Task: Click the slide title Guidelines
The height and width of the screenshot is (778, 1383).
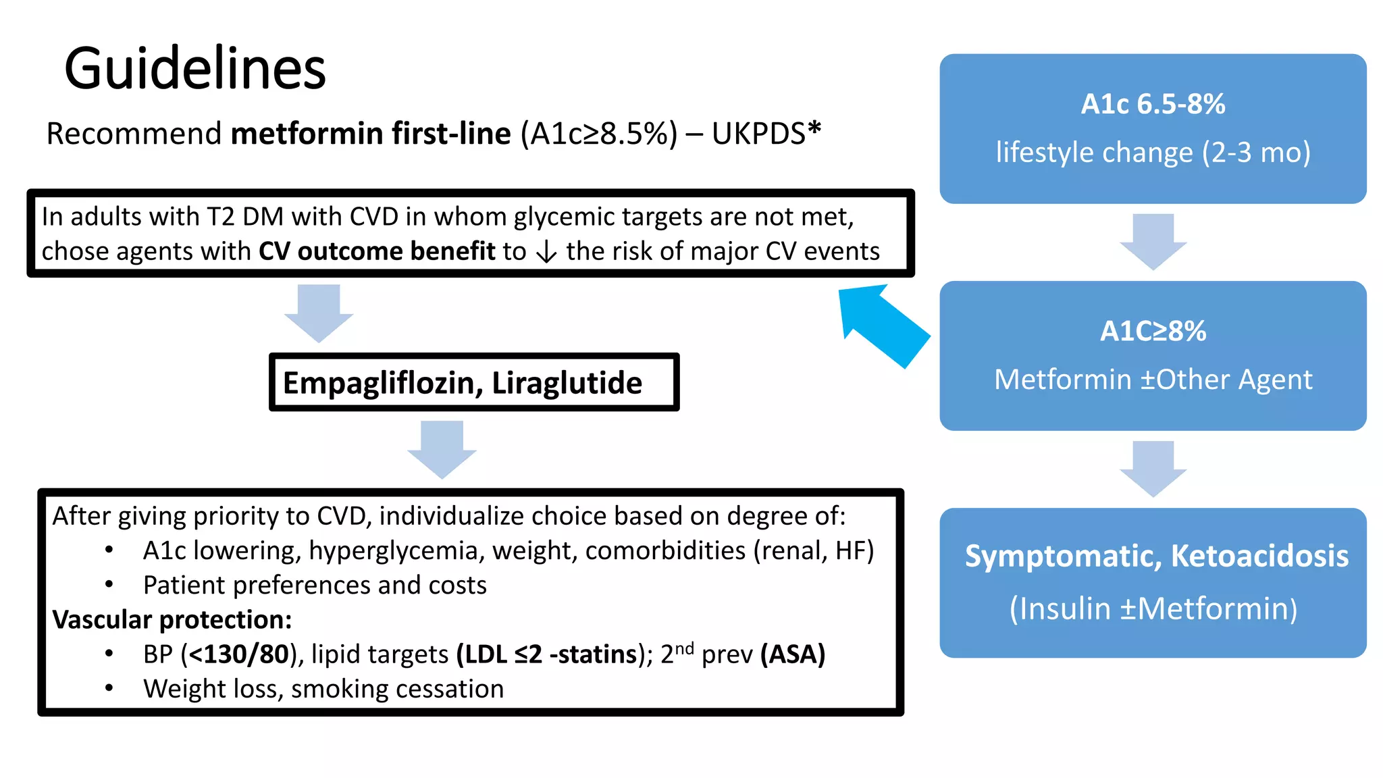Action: click(194, 69)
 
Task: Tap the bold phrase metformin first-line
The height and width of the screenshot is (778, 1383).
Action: click(370, 134)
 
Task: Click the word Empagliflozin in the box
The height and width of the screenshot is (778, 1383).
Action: click(382, 383)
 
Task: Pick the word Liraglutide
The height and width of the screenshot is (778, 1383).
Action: click(567, 383)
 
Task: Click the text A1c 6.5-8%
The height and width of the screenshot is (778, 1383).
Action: click(1153, 104)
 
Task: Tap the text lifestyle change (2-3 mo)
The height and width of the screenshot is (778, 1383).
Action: click(1153, 153)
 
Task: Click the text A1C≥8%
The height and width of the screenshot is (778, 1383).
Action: click(1153, 331)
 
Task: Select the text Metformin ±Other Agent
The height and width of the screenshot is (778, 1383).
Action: click(1153, 380)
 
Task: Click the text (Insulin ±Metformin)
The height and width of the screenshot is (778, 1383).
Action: click(1153, 608)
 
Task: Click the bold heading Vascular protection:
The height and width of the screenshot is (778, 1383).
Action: click(172, 619)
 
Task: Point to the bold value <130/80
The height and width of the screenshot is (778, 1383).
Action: click(239, 654)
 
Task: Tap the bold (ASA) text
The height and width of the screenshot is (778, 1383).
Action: click(793, 654)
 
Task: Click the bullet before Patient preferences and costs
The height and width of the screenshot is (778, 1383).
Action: click(109, 585)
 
